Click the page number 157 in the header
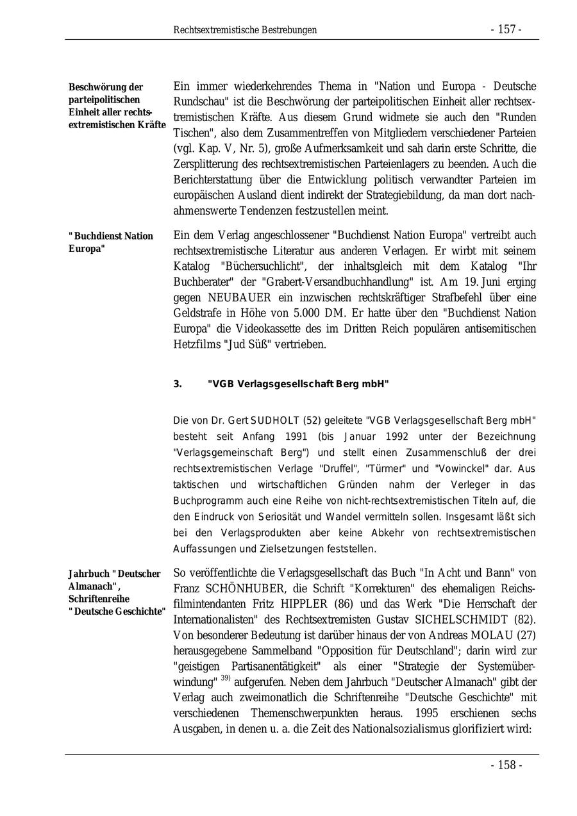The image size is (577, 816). [x=506, y=30]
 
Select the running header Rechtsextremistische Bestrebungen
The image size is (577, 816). [x=245, y=30]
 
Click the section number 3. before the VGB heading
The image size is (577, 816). [x=178, y=384]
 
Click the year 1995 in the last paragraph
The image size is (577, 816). [x=430, y=713]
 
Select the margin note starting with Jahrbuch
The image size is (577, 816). [x=115, y=592]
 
